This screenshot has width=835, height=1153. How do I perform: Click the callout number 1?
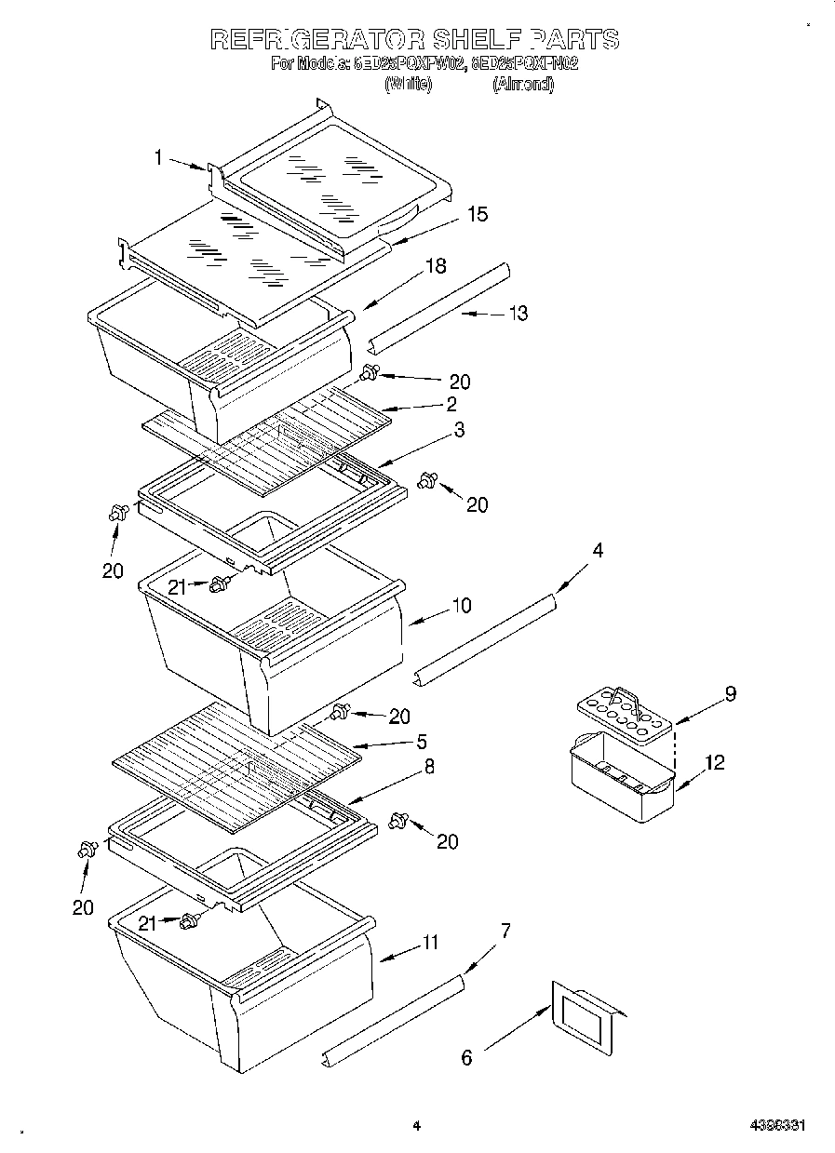click(x=159, y=159)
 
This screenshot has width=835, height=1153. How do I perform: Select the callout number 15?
click(x=477, y=215)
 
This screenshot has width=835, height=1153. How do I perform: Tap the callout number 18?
click(x=435, y=266)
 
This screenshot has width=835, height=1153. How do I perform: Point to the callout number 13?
click(x=517, y=314)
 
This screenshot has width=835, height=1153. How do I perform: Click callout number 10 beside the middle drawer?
click(x=461, y=606)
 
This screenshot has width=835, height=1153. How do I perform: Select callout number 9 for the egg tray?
click(x=731, y=693)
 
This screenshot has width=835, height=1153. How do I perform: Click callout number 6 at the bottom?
click(x=466, y=1057)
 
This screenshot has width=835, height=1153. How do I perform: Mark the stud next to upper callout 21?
click(x=220, y=584)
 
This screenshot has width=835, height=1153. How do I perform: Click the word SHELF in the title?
click(x=476, y=39)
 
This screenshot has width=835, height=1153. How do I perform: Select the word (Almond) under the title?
click(x=522, y=84)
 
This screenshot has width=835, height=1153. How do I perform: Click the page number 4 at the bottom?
click(x=417, y=1126)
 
